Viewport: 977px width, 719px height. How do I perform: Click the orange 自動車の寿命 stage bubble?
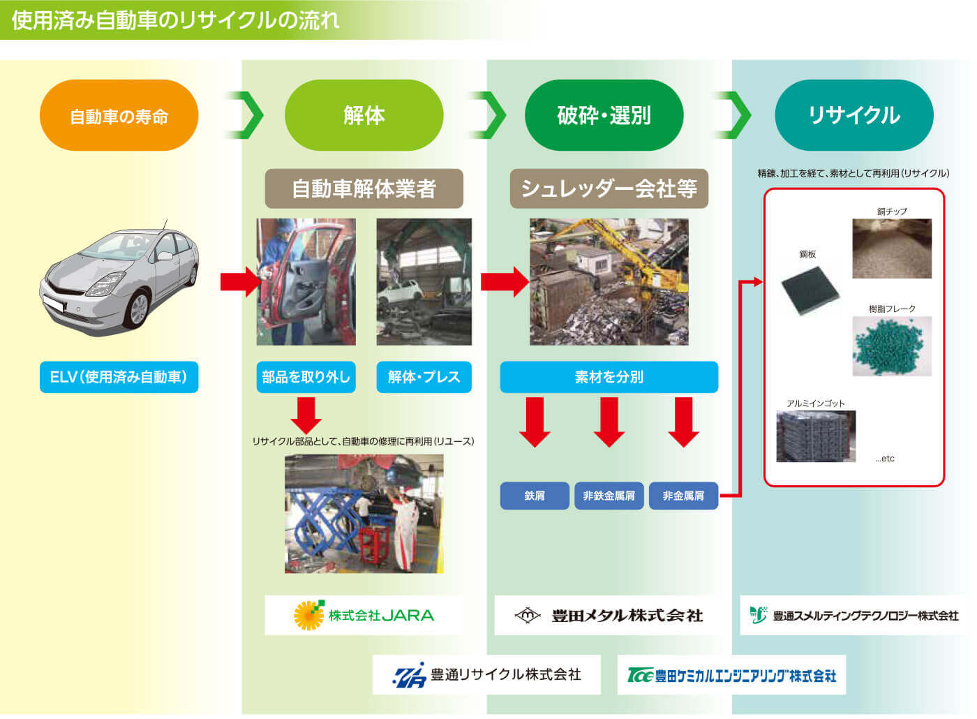tap(119, 116)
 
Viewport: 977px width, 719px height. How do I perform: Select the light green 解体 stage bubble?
tap(364, 116)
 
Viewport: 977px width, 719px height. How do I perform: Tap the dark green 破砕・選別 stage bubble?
tap(604, 116)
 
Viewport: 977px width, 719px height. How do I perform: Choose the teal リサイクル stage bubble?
tap(853, 116)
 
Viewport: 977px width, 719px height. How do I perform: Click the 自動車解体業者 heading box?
tap(364, 188)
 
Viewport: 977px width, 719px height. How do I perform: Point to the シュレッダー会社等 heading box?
tap(609, 188)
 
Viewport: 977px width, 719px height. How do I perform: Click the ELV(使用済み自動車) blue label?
tap(119, 377)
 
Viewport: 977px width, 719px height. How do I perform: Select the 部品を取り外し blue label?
tap(306, 377)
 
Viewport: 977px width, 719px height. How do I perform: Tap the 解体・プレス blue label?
tap(424, 377)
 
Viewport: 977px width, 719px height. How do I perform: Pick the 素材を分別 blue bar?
tap(609, 377)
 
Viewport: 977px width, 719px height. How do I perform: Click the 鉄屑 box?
tap(535, 496)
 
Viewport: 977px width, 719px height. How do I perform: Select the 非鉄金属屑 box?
tap(609, 496)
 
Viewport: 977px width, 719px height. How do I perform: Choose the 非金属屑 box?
tap(683, 496)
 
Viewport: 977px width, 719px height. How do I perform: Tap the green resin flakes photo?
tap(891, 346)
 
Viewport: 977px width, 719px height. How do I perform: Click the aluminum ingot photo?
tap(815, 436)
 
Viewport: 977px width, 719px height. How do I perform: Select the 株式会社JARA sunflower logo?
tap(308, 615)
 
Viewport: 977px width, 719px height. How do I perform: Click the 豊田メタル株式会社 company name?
tap(627, 616)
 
